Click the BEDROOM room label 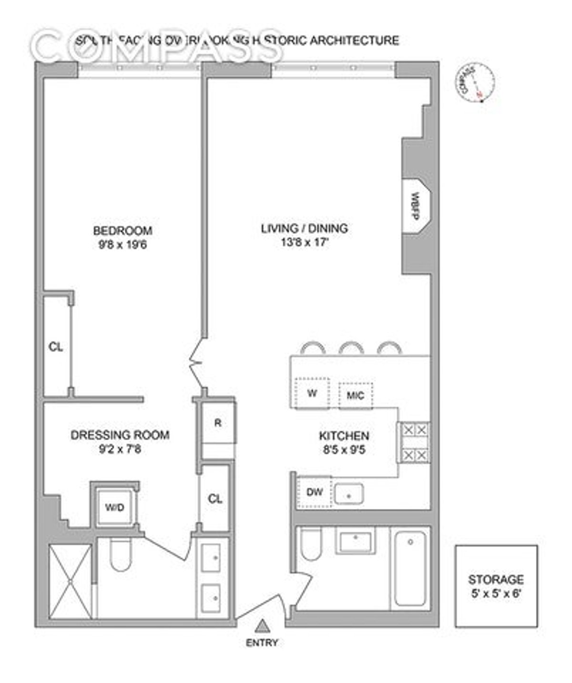pyautogui.click(x=123, y=231)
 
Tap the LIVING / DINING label pyautogui.click(x=304, y=228)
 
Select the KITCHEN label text pyautogui.click(x=344, y=436)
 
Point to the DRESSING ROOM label pyautogui.click(x=120, y=435)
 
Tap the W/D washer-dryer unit pyautogui.click(x=114, y=507)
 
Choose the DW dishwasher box pyautogui.click(x=314, y=492)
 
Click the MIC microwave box pyautogui.click(x=356, y=395)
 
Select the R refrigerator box pyautogui.click(x=218, y=423)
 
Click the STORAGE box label pyautogui.click(x=496, y=580)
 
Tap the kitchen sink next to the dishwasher pyautogui.click(x=349, y=494)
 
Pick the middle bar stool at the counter pyautogui.click(x=351, y=348)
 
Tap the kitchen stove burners pyautogui.click(x=414, y=443)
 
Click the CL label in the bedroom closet pyautogui.click(x=56, y=347)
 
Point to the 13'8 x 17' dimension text pyautogui.click(x=304, y=242)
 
